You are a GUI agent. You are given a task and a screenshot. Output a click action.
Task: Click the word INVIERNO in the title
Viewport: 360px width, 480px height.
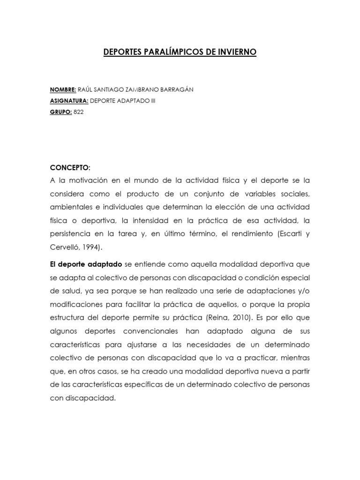[x=236, y=52]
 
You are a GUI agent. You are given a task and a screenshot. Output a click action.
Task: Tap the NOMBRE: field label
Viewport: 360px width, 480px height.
[x=63, y=90]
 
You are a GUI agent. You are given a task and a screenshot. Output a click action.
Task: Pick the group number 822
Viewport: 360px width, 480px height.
[x=78, y=112]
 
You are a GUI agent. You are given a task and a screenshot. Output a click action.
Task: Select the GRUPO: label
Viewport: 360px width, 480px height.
[x=60, y=112]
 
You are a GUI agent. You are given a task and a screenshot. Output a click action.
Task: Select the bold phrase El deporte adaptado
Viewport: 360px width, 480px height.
[x=86, y=264]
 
